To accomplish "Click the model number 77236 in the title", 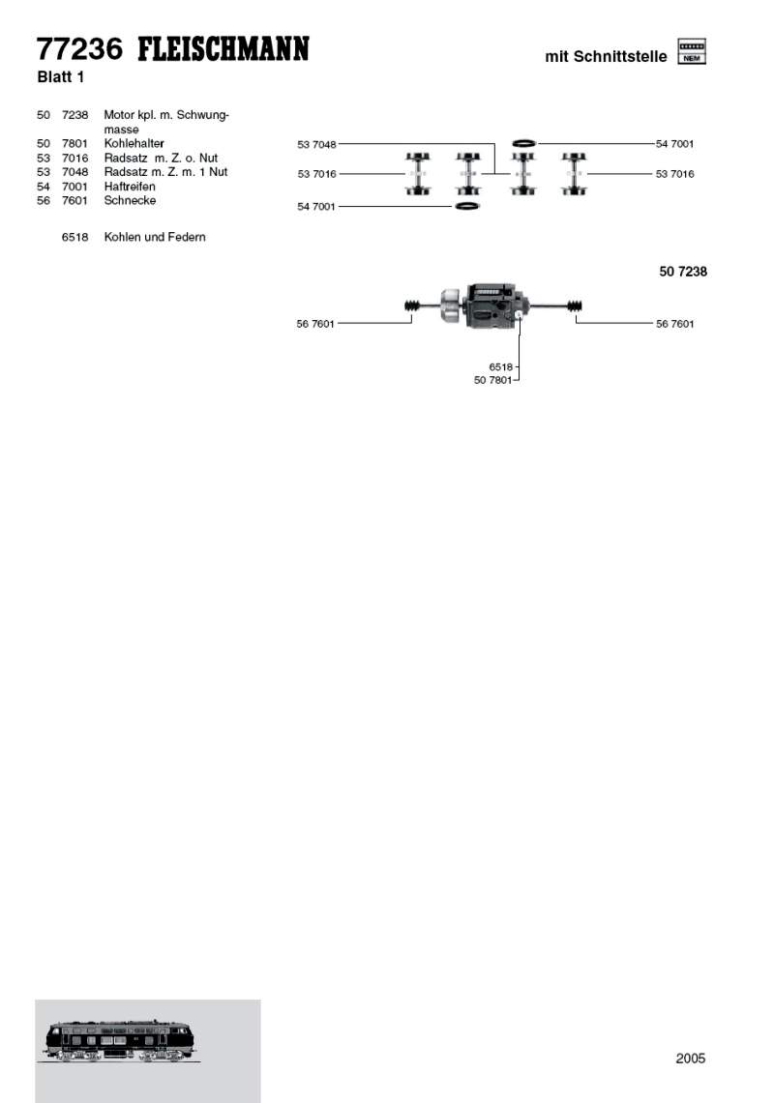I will [x=80, y=49].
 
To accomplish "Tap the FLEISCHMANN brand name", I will [x=223, y=49].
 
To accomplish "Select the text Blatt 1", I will [x=62, y=77].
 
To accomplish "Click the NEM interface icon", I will [x=692, y=52].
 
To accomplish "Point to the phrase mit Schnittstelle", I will [x=606, y=57].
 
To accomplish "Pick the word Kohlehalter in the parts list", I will [x=134, y=143].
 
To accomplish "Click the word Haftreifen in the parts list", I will [x=130, y=187].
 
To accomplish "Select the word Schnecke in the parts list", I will [x=130, y=201].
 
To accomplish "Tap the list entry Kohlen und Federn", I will [x=155, y=237].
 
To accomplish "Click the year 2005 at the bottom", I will [x=691, y=1059].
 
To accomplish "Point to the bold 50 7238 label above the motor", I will [x=683, y=272].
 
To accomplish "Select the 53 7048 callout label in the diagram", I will [x=316, y=144].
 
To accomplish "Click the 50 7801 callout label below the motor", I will [x=492, y=380].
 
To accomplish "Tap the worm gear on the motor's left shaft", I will [x=413, y=307].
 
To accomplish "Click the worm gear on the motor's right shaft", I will [x=576, y=307].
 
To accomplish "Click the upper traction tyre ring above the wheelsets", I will [x=523, y=143].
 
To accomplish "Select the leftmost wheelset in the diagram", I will [x=418, y=174].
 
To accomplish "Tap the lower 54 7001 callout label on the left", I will [x=316, y=207].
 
